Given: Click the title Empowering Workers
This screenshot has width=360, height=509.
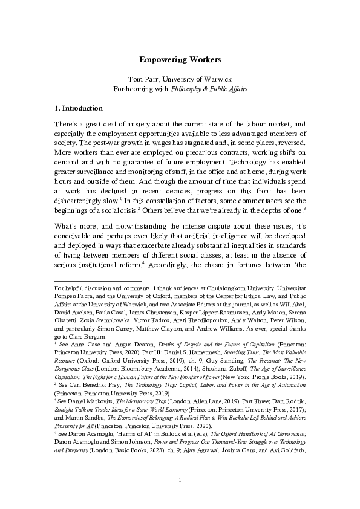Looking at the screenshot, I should [x=180, y=60].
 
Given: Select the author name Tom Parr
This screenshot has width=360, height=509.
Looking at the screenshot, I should [x=143, y=80].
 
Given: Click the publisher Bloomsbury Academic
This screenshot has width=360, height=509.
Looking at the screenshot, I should [x=144, y=361].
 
